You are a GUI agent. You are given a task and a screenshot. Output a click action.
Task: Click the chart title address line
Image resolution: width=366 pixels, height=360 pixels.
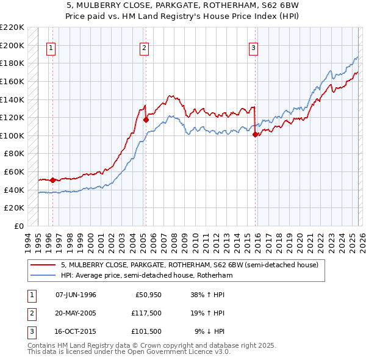(x=182, y=6)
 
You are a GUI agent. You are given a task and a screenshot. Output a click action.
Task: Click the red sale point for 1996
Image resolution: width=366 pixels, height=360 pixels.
(x=53, y=180)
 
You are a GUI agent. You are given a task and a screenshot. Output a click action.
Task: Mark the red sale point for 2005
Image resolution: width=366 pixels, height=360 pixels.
(x=146, y=120)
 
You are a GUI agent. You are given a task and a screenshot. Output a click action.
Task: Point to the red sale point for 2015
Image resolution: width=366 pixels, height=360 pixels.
(x=255, y=135)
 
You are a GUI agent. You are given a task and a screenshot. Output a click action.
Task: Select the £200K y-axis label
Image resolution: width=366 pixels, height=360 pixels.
(x=13, y=45)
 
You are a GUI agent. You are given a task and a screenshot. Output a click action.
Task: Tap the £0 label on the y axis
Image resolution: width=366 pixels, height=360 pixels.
(x=20, y=226)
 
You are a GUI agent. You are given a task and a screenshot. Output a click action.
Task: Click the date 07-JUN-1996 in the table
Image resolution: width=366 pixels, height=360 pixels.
(x=76, y=295)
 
